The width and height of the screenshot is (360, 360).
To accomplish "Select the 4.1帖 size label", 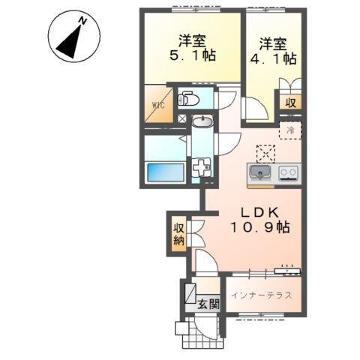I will point(276,58).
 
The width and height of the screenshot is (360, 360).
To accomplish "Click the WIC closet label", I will point(158,106).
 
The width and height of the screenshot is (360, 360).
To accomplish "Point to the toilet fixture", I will point(187,98).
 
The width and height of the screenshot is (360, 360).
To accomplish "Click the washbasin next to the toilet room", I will point(202,123).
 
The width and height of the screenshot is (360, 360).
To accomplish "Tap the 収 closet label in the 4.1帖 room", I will point(289,103).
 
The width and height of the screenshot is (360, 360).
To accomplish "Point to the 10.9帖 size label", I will point(256,226).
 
